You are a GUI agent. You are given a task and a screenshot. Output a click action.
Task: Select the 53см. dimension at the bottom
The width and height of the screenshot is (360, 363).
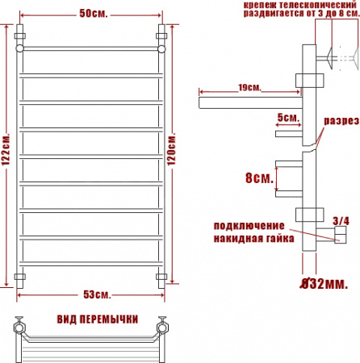pos(90,292)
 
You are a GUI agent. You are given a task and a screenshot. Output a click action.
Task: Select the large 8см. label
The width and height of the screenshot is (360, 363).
pos(258,177)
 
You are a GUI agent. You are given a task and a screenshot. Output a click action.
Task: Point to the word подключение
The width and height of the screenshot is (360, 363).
pos(249,225)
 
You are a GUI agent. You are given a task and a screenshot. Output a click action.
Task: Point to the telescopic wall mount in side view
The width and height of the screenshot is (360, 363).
pos(335,58)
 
